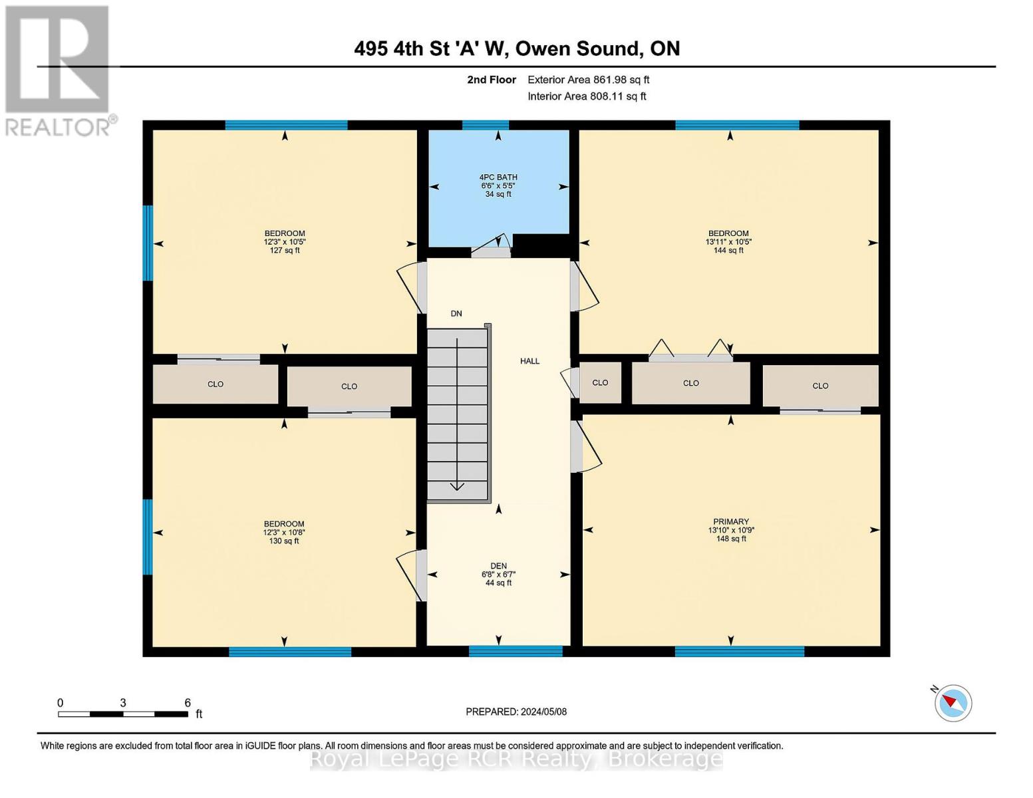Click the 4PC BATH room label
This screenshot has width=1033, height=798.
click(x=498, y=186)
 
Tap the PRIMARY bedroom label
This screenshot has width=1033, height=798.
click(x=730, y=530)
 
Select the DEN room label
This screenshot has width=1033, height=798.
click(x=498, y=574)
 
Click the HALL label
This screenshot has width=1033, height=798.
click(x=529, y=361)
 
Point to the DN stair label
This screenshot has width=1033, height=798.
click(x=456, y=313)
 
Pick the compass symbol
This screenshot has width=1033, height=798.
click(x=953, y=703)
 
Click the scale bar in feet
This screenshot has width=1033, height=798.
click(x=123, y=714)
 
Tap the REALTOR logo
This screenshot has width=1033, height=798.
click(x=59, y=70)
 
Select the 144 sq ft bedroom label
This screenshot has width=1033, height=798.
click(x=728, y=242)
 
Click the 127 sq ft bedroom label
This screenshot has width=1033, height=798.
click(x=285, y=242)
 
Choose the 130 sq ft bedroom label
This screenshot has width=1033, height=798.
click(x=284, y=532)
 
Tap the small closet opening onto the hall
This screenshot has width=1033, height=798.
click(x=600, y=383)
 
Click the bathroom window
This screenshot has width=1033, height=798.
click(x=485, y=124)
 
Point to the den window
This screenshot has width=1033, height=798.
click(x=516, y=651)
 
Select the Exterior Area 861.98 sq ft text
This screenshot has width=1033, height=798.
click(x=588, y=80)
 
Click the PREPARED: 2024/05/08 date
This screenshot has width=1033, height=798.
click(x=516, y=712)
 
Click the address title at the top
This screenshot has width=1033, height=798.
click(x=517, y=49)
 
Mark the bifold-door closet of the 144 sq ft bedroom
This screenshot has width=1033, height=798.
click(x=690, y=383)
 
